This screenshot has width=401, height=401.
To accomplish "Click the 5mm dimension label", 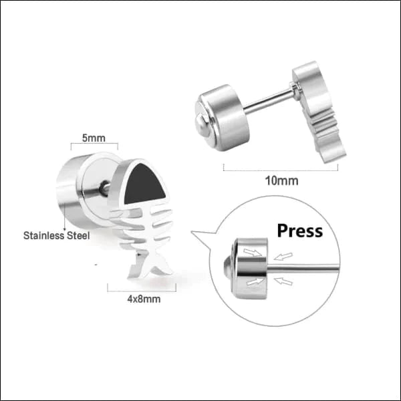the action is point(94,138).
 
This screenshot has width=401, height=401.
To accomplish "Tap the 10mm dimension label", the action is point(281,181).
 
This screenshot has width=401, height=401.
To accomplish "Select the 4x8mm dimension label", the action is point(144,299).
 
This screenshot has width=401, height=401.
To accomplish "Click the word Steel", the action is point(78,235).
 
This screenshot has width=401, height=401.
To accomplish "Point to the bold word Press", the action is point(300,231).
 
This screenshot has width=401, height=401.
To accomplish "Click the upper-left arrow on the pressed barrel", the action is point(253,252).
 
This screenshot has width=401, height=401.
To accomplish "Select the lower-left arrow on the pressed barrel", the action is point(255,281).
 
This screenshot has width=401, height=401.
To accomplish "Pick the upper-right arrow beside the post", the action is point(283,256).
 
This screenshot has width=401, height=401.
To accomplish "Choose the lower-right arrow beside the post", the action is point(283,281).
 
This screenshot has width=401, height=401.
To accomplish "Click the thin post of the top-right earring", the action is point(269,102).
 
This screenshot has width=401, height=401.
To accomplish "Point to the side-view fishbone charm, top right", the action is point(318,112).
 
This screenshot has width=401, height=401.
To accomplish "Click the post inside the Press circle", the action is point(303,268).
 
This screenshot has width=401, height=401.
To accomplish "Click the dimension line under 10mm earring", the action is point(281,170).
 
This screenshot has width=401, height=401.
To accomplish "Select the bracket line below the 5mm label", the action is point(94,144).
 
